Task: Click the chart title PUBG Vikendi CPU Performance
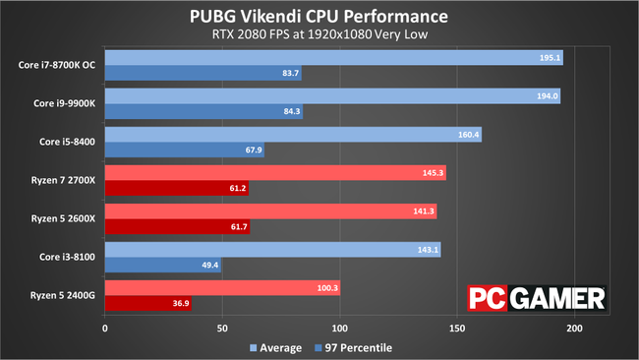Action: pos(319,17)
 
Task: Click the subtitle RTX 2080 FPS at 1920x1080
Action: pos(319,37)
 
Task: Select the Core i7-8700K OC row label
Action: pos(56,65)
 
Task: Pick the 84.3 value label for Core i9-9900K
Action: pos(291,112)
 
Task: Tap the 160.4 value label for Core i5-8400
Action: pos(469,135)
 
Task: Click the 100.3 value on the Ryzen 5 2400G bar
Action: pos(327,288)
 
